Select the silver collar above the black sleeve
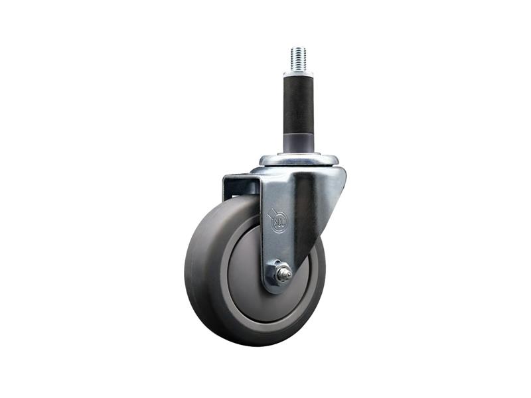point(298,72)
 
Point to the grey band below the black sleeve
point(298,143)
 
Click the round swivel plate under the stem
point(299,160)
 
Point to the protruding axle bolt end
point(285,273)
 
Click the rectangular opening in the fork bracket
point(241,187)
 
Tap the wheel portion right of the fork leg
point(312,279)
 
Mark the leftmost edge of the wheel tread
point(186,272)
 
